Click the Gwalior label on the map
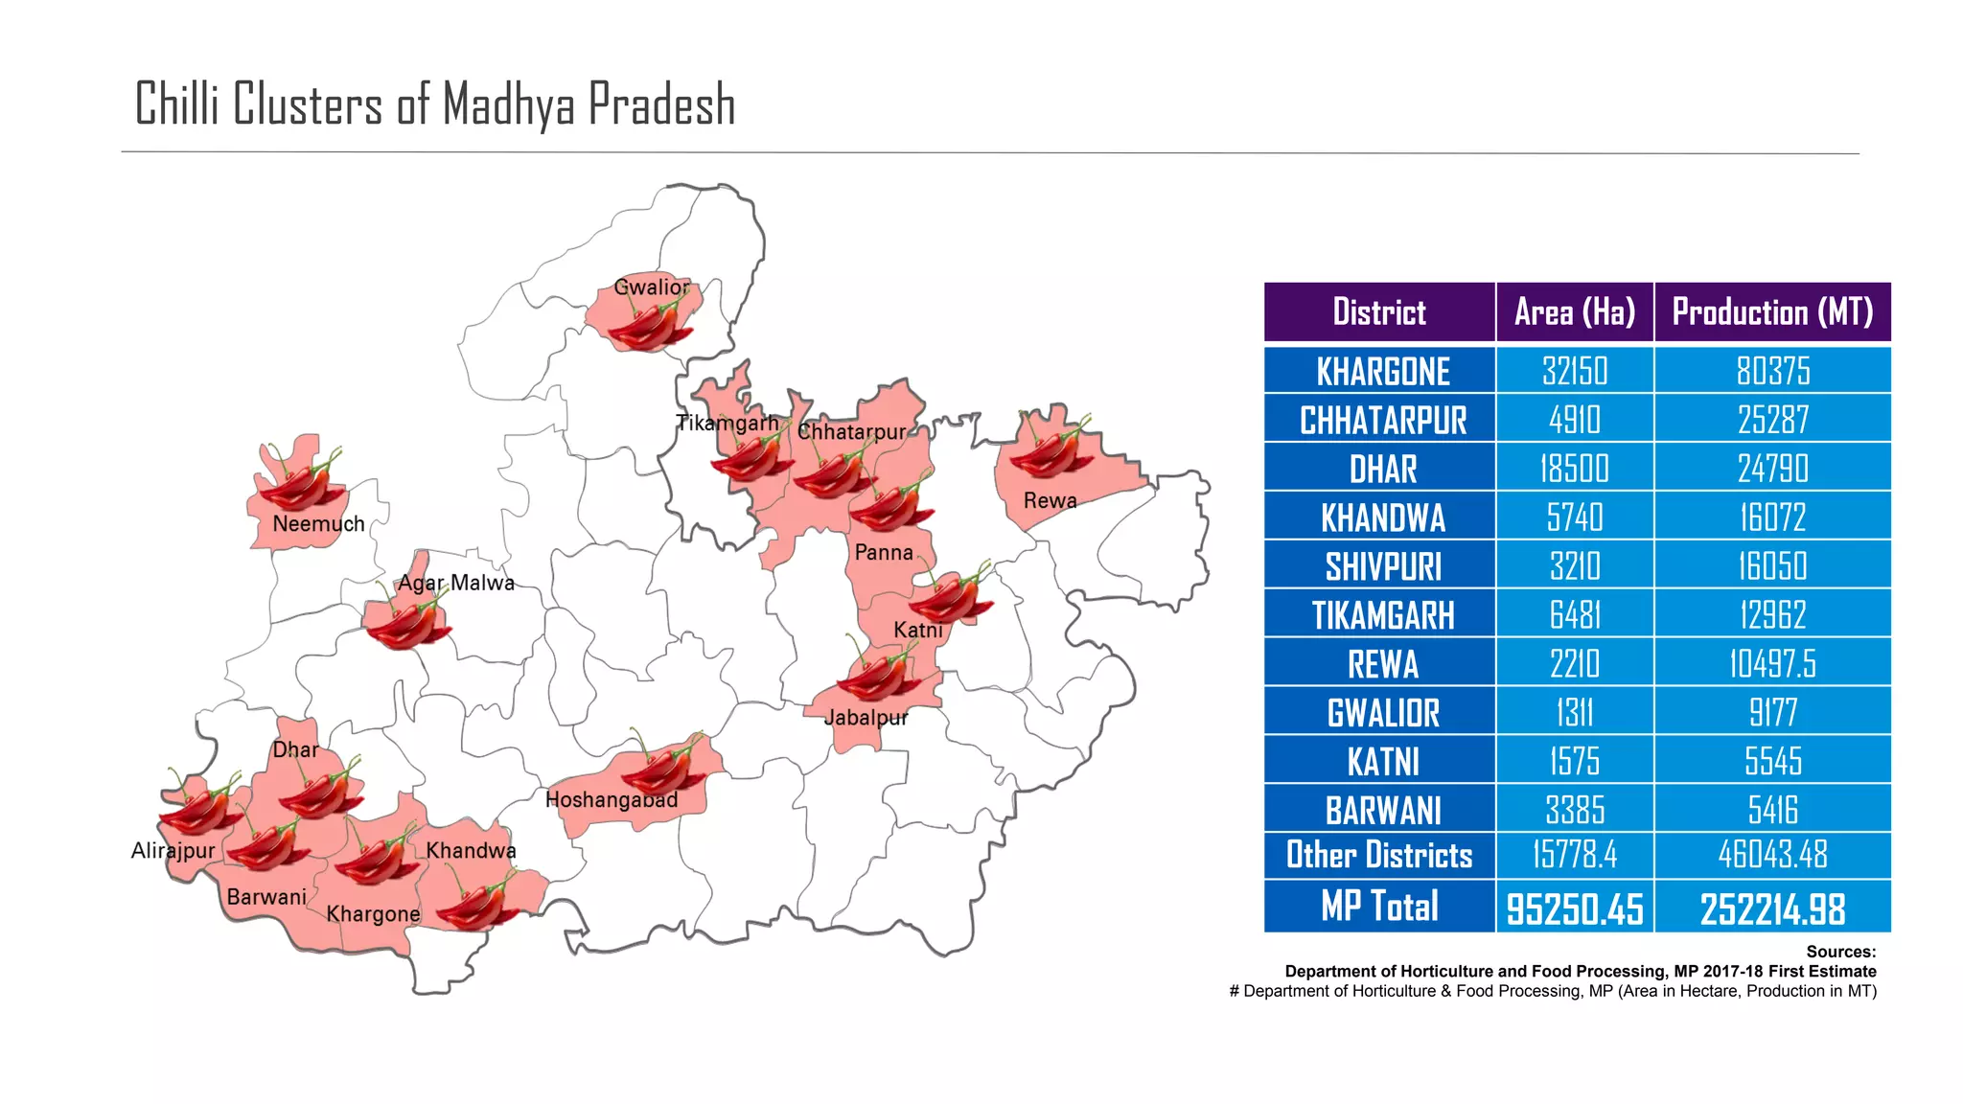[651, 287]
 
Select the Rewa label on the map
[1050, 500]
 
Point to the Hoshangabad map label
[612, 799]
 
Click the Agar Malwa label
[456, 583]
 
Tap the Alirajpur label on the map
[173, 850]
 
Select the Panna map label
[884, 552]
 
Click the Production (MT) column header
[1772, 312]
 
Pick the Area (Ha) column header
[1575, 312]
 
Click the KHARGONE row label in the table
[1382, 372]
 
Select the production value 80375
[1772, 372]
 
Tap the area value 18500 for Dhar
[1575, 470]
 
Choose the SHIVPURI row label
[1382, 567]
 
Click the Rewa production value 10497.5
[1772, 664]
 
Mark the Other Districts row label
[1379, 855]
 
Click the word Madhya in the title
[508, 105]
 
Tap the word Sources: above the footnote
[1840, 952]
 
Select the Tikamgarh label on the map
[727, 423]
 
